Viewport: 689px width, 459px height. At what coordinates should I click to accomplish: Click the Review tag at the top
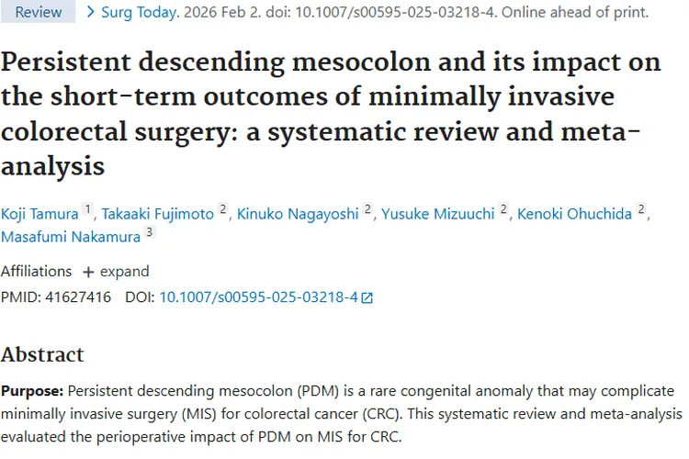(x=39, y=12)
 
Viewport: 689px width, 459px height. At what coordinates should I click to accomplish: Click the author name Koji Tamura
(x=40, y=214)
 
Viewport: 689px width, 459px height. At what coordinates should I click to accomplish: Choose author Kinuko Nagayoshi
(x=299, y=214)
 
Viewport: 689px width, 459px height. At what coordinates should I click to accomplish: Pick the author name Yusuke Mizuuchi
(x=438, y=214)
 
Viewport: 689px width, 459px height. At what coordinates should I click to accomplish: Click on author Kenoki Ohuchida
(x=575, y=214)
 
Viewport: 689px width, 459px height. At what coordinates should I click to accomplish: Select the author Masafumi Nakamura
(x=70, y=238)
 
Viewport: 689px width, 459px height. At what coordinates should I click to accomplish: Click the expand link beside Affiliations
(x=116, y=272)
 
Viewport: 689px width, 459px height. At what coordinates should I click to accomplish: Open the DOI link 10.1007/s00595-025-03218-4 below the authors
(x=258, y=297)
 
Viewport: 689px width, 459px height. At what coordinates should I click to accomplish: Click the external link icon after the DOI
(x=367, y=297)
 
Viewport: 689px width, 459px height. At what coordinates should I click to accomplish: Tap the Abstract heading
(x=42, y=354)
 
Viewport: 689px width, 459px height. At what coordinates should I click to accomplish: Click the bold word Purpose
(x=31, y=390)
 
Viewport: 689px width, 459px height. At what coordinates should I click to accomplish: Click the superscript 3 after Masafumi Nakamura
(x=150, y=233)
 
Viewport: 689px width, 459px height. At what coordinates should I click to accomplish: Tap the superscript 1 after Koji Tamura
(x=88, y=209)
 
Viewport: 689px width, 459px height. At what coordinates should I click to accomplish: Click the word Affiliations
(x=36, y=272)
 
